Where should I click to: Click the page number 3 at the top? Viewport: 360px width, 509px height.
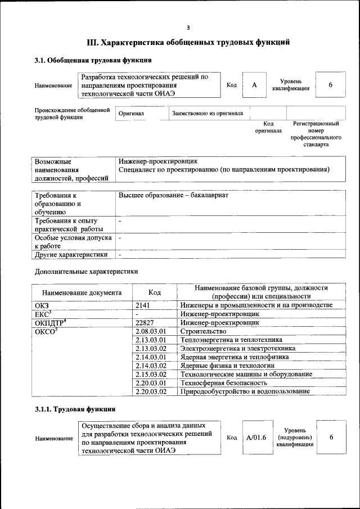point(188,28)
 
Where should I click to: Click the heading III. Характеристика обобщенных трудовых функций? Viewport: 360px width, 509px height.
point(188,42)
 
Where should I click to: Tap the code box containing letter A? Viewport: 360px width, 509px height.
point(254,84)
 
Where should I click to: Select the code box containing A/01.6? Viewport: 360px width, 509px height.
point(256,438)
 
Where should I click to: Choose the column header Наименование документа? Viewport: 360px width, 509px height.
point(82,292)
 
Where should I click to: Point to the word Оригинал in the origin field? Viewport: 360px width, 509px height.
point(131,113)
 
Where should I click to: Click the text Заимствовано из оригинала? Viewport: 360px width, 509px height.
point(208,113)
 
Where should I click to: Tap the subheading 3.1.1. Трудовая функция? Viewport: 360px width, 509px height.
point(75,409)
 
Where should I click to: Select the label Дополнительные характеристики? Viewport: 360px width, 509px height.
point(86,272)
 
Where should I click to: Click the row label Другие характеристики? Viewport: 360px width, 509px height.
point(71,254)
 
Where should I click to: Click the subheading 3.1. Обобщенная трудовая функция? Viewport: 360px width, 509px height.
point(93,60)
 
